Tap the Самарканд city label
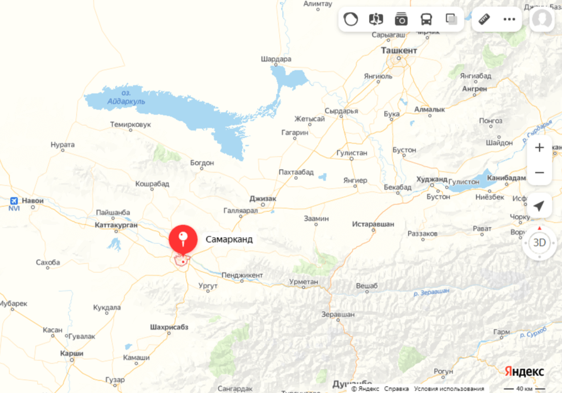click(229, 240)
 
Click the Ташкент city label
click(399, 50)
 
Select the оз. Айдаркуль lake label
click(126, 97)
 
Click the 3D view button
click(539, 242)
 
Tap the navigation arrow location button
click(539, 206)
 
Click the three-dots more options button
click(509, 19)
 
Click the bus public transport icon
click(426, 19)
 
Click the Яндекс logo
click(524, 372)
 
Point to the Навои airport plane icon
click(14, 201)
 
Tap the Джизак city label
click(263, 198)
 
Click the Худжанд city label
click(432, 179)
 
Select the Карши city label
click(72, 353)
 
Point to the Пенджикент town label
click(241, 275)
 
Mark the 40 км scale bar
click(524, 388)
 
